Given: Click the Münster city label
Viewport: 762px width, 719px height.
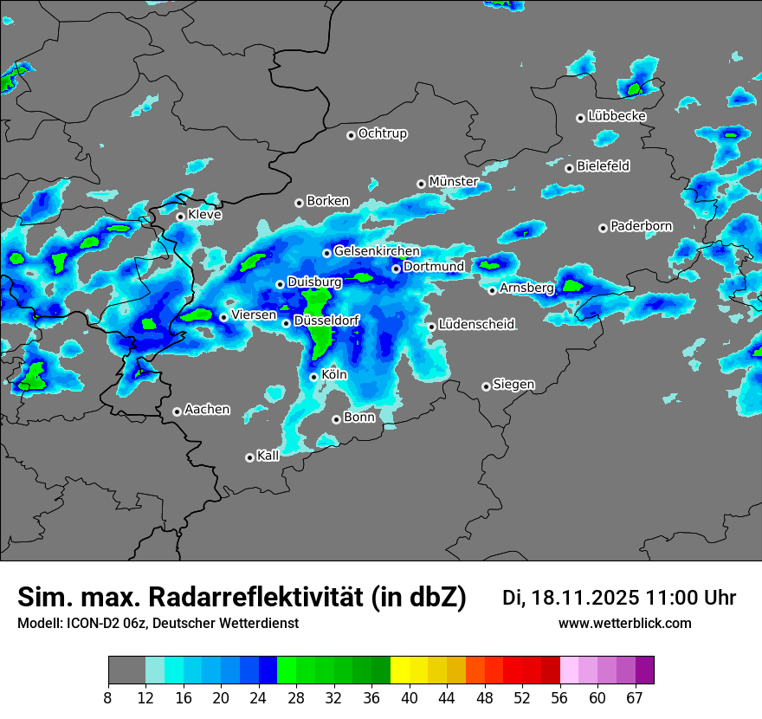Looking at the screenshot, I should [x=453, y=181].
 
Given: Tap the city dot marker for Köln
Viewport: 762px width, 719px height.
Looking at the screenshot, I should [x=313, y=377].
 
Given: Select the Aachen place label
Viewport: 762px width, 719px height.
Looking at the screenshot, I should [x=207, y=409].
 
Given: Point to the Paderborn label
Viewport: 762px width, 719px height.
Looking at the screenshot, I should [x=641, y=226].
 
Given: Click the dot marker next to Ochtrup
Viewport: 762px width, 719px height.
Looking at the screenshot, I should [x=351, y=135].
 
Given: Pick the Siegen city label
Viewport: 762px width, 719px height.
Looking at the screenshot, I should [x=513, y=385].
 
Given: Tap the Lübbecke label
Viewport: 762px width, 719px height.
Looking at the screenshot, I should [x=617, y=115].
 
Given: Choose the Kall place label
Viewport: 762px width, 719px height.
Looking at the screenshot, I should [x=268, y=455].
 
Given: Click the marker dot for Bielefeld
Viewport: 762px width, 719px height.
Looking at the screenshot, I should [x=569, y=168].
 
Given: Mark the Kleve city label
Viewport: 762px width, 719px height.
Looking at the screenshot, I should [x=204, y=214].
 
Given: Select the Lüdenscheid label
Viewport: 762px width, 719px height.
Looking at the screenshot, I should [x=476, y=325].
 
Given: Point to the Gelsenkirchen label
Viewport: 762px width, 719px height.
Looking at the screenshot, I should [x=377, y=251].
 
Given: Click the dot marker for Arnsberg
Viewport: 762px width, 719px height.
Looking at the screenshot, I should [x=492, y=290].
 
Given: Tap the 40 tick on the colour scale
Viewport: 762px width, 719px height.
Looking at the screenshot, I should [x=410, y=698].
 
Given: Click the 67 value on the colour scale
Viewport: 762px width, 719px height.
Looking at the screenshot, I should [x=635, y=698].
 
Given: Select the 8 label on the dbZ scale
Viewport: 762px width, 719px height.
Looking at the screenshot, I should [x=108, y=698].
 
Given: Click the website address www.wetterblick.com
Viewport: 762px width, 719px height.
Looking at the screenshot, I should [x=624, y=623].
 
